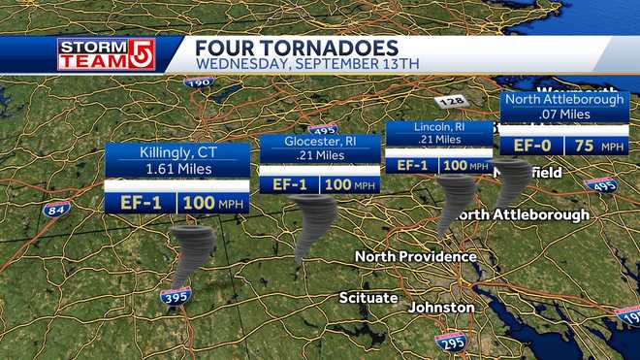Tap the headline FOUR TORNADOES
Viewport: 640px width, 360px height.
[296, 48]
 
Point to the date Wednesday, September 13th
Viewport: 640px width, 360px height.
[306, 65]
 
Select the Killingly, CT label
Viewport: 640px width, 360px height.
[177, 152]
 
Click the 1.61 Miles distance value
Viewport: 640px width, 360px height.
[177, 169]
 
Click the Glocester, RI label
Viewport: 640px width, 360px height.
[320, 142]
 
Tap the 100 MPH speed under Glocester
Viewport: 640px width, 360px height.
[349, 184]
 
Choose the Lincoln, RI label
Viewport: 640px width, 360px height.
[438, 127]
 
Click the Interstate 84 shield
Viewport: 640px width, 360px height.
[56, 210]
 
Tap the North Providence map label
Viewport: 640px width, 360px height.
[415, 257]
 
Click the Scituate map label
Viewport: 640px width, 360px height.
[368, 297]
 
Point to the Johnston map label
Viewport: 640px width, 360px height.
[442, 308]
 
